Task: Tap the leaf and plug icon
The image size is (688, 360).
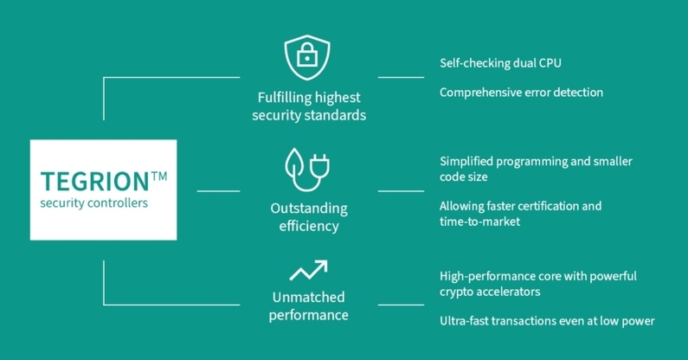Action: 308,168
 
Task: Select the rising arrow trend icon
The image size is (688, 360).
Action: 308,271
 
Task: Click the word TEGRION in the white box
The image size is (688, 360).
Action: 94,182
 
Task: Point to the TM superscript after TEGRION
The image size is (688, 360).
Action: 158,176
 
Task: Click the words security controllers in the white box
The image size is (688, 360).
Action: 93,204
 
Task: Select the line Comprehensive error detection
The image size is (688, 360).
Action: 521,92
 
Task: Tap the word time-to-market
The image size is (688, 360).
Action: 479,222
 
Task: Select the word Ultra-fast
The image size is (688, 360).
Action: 465,321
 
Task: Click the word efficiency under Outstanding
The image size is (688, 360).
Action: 308,228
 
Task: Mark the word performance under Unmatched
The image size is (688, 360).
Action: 308,315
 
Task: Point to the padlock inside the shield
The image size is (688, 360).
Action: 307,58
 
